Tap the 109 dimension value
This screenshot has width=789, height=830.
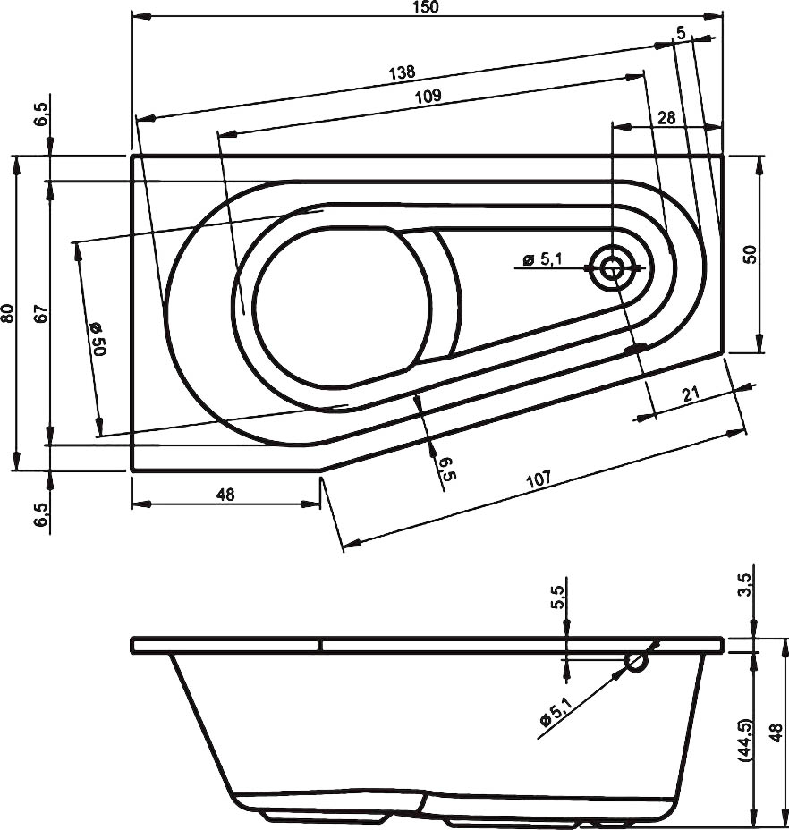(428, 97)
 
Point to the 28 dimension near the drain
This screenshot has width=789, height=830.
(666, 117)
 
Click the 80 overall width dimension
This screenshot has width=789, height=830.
(8, 313)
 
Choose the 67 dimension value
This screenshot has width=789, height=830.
(39, 313)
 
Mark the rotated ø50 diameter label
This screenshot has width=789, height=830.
(97, 339)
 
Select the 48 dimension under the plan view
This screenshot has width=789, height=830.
(225, 495)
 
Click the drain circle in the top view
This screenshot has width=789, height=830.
(614, 267)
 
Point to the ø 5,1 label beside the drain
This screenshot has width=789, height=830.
(542, 259)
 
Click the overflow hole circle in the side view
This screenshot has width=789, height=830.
(637, 662)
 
